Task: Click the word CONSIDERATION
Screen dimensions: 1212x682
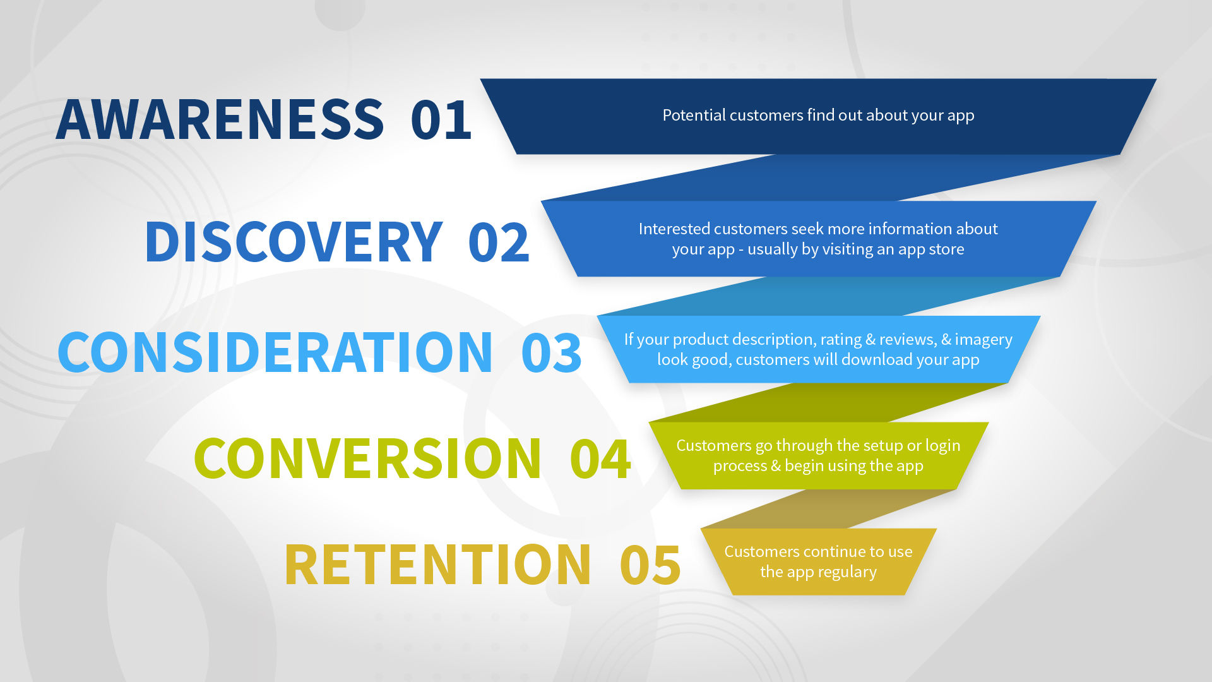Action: pyautogui.click(x=275, y=352)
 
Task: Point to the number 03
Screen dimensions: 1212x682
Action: pyautogui.click(x=551, y=352)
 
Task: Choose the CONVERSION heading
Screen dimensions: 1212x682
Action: pyautogui.click(x=367, y=458)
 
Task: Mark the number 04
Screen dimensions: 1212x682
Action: pyautogui.click(x=600, y=458)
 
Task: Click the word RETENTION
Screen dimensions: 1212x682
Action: pyautogui.click(x=438, y=564)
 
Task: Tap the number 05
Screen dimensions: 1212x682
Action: pyautogui.click(x=650, y=564)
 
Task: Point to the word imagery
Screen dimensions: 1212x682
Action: pyautogui.click(x=983, y=340)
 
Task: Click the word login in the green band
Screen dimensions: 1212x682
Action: pyautogui.click(x=943, y=446)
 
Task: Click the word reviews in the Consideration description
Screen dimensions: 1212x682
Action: pyautogui.click(x=908, y=340)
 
